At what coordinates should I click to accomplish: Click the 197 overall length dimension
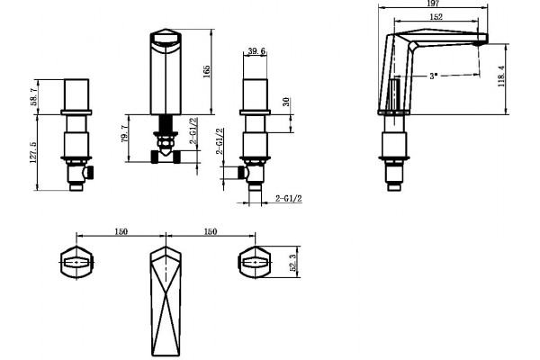pos(433,4)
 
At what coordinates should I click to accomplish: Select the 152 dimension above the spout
pos(436,16)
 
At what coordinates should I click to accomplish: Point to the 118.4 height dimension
pos(501,76)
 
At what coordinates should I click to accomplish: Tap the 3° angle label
pos(434,76)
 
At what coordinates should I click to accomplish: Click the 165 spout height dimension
pos(207,71)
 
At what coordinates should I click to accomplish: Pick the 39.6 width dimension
pos(256,51)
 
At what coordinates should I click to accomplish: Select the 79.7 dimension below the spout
pos(125,134)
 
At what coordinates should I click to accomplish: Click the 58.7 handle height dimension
pos(34,96)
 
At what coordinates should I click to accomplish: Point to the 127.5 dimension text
pos(33,153)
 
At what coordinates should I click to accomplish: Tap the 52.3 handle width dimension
pos(293,263)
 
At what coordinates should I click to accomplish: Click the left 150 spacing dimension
pos(121,231)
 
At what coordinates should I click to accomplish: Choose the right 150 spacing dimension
pos(211,231)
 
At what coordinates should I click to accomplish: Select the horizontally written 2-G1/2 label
pos(289,198)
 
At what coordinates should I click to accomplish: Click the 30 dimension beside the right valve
pos(286,102)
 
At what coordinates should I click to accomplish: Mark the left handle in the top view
pos(76,263)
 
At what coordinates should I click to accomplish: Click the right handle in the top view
pos(255,263)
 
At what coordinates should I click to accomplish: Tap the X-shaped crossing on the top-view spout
pos(166,296)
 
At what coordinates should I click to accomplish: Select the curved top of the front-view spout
pos(166,34)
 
